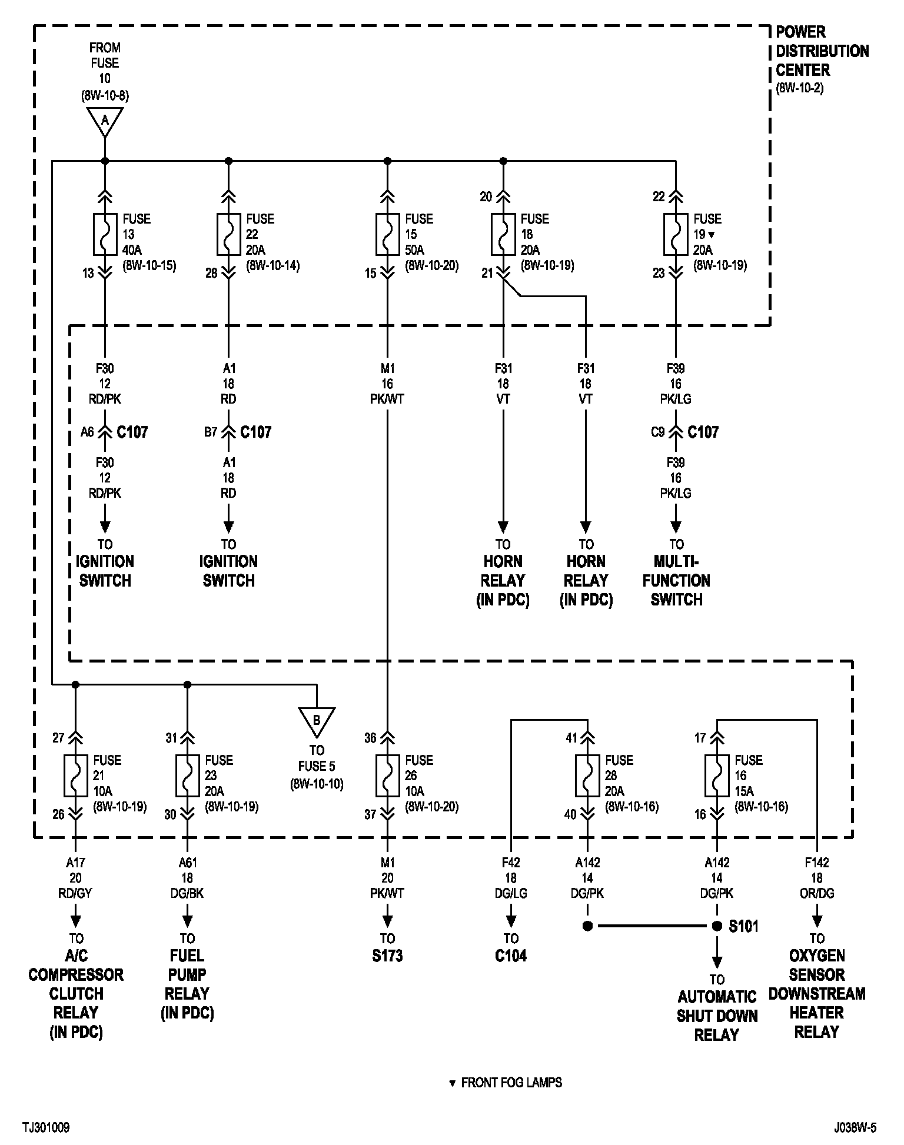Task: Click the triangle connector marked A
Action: click(105, 121)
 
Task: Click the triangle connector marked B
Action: click(317, 721)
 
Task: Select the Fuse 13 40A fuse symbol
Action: click(105, 234)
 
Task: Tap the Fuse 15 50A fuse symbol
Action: click(387, 234)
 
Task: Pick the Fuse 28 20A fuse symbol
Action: click(587, 775)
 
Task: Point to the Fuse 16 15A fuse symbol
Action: click(717, 775)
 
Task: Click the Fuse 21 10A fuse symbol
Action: click(75, 775)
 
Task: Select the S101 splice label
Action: click(743, 926)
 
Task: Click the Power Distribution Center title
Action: click(822, 51)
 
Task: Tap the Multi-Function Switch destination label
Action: click(676, 580)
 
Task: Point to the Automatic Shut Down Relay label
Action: click(717, 1016)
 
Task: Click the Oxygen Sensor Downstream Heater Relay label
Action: click(817, 993)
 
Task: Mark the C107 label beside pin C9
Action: click(703, 432)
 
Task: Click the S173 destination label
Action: click(387, 956)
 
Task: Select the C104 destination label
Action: click(511, 956)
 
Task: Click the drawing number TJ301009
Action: click(46, 1127)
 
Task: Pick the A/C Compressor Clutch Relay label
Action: click(76, 993)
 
